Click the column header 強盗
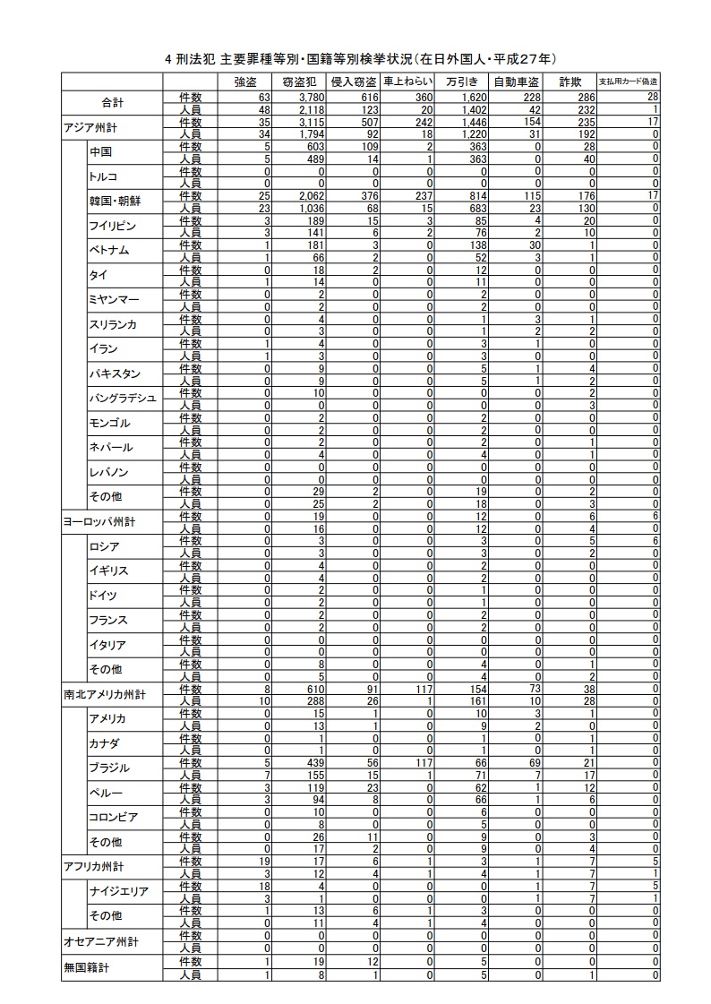coord(244,82)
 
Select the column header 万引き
coord(460,82)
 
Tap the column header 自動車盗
coord(516,82)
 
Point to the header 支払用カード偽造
coord(628,82)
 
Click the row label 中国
coord(100,152)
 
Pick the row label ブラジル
coord(109,768)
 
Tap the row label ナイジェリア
coord(118,891)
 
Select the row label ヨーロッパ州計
coord(99,520)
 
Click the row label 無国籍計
coord(88,968)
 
